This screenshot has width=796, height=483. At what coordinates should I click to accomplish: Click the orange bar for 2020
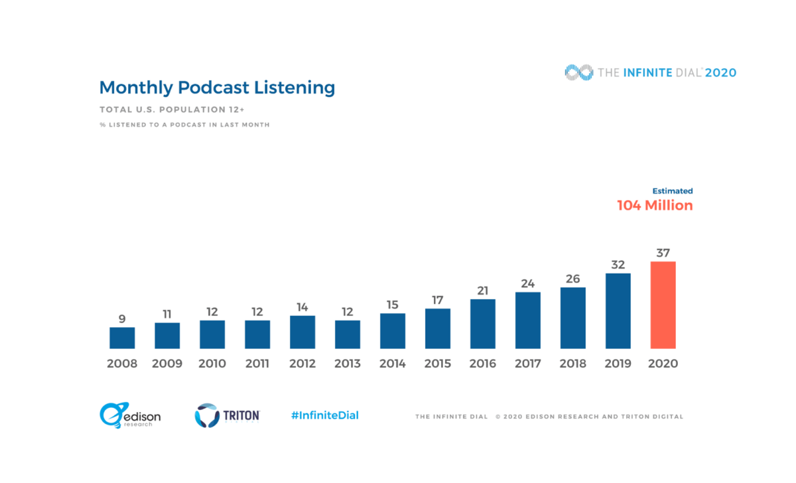pos(663,305)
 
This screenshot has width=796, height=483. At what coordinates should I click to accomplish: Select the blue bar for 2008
pos(122,338)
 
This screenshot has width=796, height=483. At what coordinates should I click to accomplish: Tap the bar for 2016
pos(483,324)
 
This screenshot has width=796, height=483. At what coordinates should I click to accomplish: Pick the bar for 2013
pos(348,334)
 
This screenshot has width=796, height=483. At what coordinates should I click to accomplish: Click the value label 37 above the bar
pos(663,252)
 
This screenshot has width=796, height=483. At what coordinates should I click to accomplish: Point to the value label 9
pos(122,318)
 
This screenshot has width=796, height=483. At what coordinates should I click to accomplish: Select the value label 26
pos(573,278)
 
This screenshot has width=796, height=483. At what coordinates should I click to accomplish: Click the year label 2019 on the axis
pos(618,364)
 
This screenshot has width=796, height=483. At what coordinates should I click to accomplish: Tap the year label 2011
pos(257,364)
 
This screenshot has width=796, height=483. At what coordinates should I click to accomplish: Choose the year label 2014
pos(393,364)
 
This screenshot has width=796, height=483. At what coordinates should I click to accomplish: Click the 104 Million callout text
pos(655,206)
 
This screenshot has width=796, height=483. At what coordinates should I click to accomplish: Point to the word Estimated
pos(673,191)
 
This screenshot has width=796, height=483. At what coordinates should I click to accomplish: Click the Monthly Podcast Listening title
pos(217,88)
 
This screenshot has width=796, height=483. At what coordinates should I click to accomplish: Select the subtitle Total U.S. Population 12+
pos(172,109)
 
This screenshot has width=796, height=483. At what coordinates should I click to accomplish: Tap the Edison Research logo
pos(130,415)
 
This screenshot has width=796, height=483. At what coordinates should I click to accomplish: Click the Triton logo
pos(227,415)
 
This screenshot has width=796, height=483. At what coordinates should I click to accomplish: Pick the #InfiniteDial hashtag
pos(325,415)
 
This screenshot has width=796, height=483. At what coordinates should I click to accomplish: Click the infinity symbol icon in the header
pos(578,72)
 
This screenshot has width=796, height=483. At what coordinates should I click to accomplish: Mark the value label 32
pos(618,264)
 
